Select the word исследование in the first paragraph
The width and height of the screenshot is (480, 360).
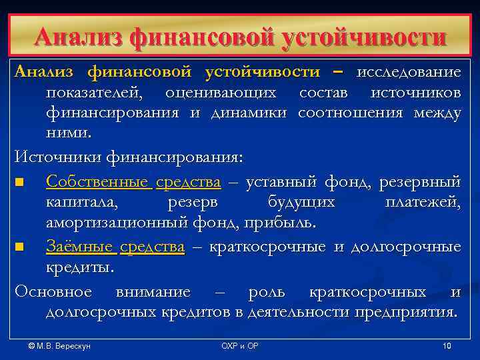click(x=409, y=71)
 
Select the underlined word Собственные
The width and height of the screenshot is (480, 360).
click(x=99, y=181)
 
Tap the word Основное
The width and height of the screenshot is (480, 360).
click(x=53, y=292)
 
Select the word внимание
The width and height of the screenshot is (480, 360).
click(x=153, y=292)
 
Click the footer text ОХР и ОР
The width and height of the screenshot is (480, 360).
click(x=239, y=346)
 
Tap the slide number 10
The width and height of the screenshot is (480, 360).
click(x=447, y=346)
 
